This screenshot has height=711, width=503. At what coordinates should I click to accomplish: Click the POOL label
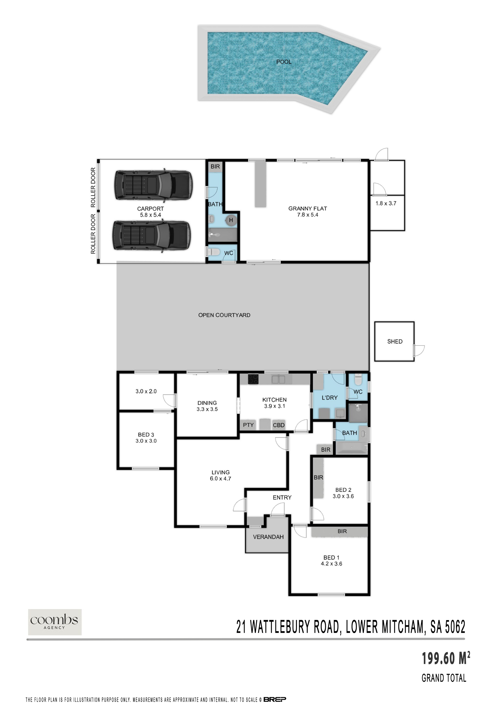284,62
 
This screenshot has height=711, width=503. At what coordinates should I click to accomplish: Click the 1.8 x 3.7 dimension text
386,203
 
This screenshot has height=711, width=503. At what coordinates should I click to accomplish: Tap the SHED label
395,342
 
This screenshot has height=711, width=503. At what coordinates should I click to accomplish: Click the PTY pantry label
248,425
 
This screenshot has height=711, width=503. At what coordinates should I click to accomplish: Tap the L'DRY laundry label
329,398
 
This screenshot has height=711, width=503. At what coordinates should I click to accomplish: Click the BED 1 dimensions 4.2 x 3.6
331,564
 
